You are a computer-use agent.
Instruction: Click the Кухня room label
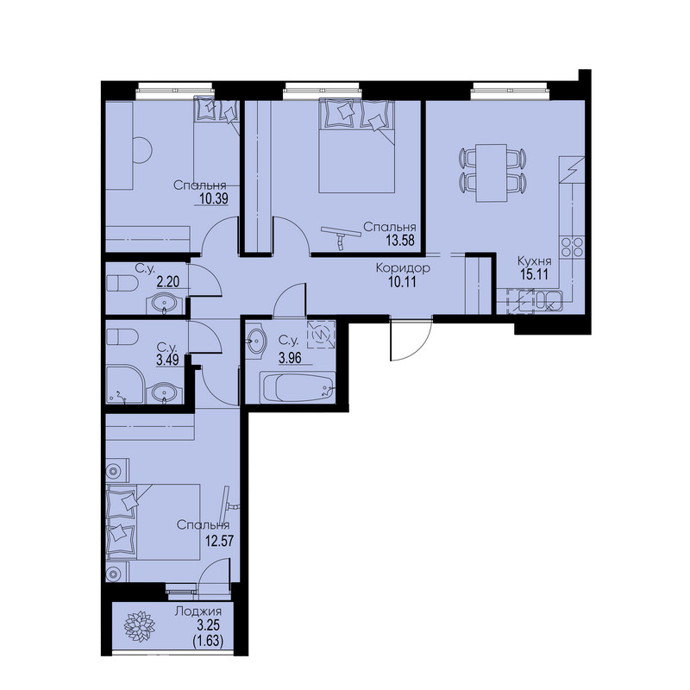click(x=534, y=260)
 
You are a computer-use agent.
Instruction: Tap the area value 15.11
click(x=534, y=274)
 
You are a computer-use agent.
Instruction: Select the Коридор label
click(x=403, y=267)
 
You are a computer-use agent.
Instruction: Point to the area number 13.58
click(x=400, y=241)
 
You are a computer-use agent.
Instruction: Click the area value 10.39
click(x=214, y=199)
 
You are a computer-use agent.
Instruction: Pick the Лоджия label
click(x=198, y=612)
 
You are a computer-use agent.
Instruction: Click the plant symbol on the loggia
click(x=139, y=626)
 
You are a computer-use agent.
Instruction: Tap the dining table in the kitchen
click(x=492, y=172)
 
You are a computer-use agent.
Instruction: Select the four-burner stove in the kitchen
click(x=571, y=247)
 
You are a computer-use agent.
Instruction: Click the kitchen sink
click(x=549, y=301)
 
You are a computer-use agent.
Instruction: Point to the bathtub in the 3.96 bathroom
click(x=297, y=387)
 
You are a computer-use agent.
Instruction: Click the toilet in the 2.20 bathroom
click(x=122, y=283)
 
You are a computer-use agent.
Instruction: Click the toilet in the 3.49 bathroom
click(x=122, y=337)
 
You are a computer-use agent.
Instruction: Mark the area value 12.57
click(x=219, y=540)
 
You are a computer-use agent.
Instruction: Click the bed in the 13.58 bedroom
click(x=356, y=146)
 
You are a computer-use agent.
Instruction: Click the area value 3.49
click(x=167, y=360)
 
